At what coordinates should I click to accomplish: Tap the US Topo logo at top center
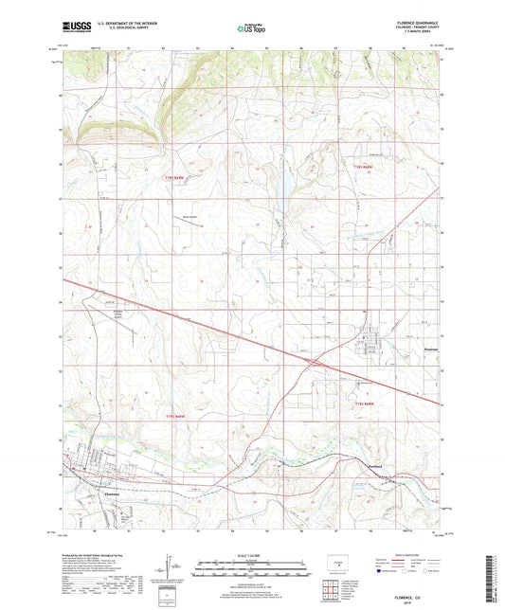tap(249, 29)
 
